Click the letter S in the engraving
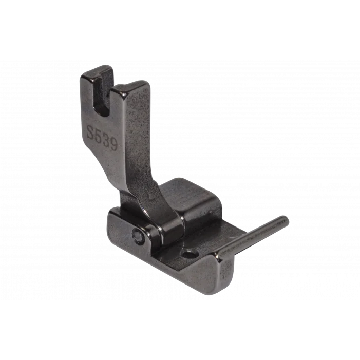[90, 132]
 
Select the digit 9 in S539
[113, 144]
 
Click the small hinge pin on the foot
[138, 236]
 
